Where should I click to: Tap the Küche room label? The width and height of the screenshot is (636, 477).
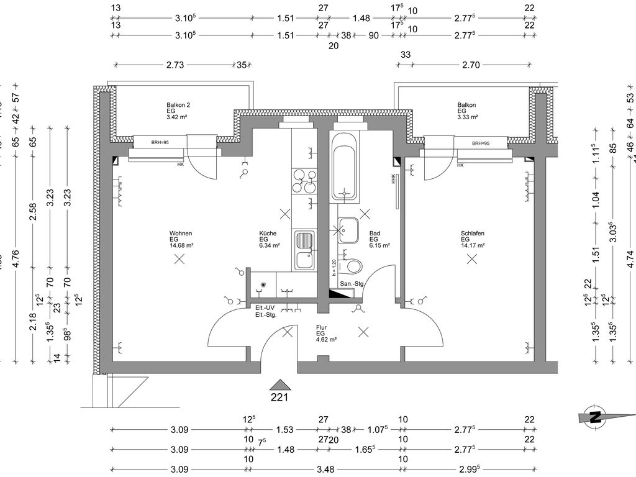(268, 234)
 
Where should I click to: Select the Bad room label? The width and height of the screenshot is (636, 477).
(374, 234)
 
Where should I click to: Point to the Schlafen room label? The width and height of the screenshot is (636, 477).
(472, 234)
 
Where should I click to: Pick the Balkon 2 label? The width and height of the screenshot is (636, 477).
(178, 104)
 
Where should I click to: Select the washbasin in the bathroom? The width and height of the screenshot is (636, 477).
(348, 230)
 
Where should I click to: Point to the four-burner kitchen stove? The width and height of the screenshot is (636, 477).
(304, 180)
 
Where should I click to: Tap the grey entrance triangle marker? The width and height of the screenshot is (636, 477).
(281, 384)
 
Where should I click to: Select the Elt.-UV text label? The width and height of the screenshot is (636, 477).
(265, 308)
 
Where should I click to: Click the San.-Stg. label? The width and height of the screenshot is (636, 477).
(352, 284)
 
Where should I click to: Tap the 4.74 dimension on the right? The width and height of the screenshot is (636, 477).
(631, 258)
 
